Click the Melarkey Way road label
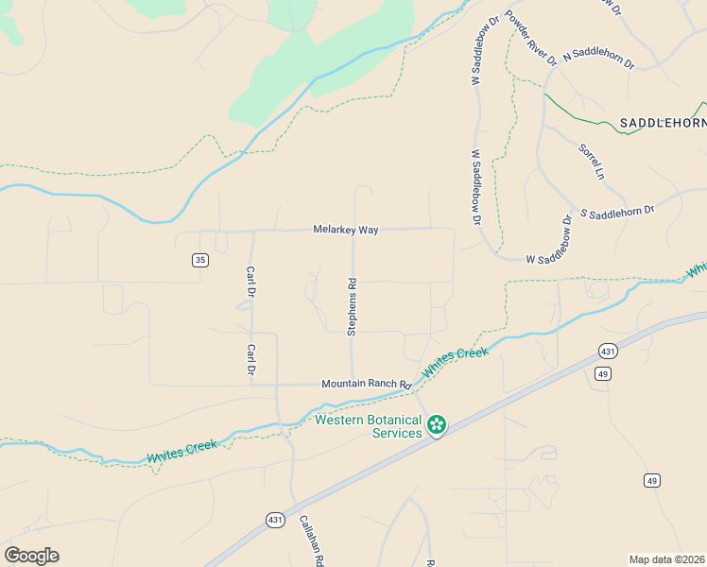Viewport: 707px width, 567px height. click(x=346, y=230)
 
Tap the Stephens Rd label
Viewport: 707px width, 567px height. click(x=352, y=306)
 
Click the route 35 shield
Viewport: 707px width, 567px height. click(x=199, y=260)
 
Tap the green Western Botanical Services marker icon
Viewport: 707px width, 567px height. click(x=436, y=424)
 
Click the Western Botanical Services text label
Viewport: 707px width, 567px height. click(x=369, y=426)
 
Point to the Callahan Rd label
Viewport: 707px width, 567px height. click(x=312, y=540)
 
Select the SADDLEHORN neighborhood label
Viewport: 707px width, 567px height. click(x=663, y=123)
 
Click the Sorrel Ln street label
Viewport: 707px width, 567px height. click(x=590, y=161)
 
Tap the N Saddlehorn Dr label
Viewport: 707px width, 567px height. click(x=598, y=58)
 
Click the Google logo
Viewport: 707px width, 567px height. click(x=31, y=556)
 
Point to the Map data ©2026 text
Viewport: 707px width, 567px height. click(x=667, y=559)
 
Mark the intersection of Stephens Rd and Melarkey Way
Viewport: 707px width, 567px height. click(x=353, y=230)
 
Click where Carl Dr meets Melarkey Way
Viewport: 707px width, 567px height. click(x=251, y=231)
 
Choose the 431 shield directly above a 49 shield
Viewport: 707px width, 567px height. click(x=607, y=351)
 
